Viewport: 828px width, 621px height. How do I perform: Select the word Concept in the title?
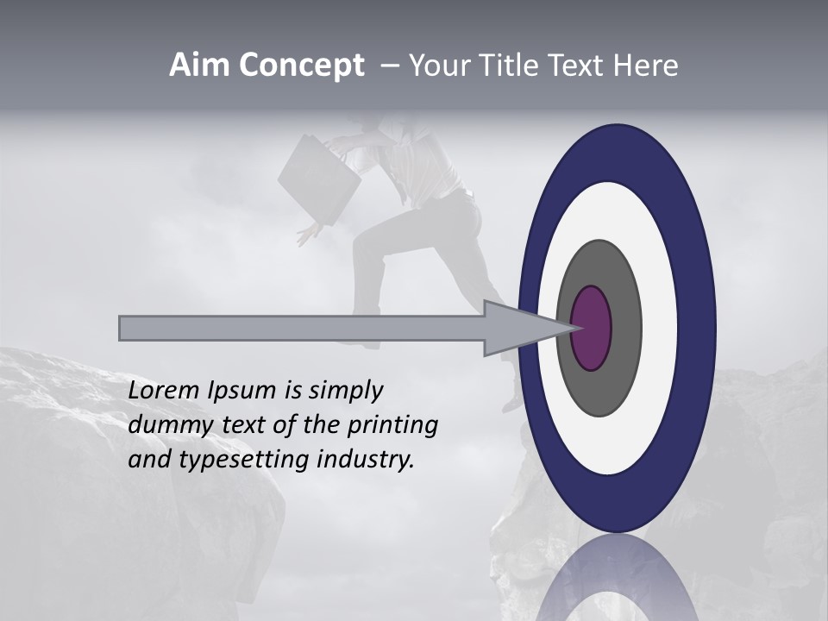pos(302,66)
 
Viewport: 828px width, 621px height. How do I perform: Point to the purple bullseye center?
pos(592,328)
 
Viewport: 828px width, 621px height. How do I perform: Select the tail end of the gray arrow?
pos(122,329)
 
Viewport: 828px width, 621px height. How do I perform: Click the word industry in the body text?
pos(366,460)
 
